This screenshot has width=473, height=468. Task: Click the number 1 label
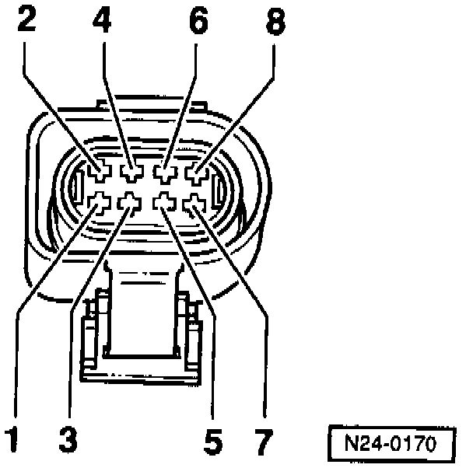[x=10, y=439]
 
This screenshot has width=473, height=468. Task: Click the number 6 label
[x=199, y=20]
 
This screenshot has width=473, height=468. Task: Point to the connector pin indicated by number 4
[x=132, y=169]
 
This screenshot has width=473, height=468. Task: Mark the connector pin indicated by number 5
[x=163, y=203]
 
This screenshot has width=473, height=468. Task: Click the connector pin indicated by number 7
[x=193, y=204]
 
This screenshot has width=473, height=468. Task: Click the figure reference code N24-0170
[x=391, y=445]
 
